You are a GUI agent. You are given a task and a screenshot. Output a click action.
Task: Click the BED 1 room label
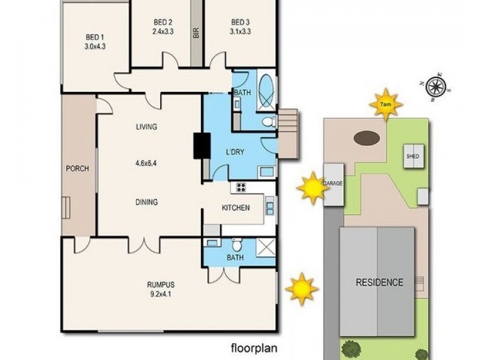click(92, 35)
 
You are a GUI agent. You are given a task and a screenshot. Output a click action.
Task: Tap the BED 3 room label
click(240, 23)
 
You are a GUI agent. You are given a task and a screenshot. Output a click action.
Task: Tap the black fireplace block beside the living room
click(199, 146)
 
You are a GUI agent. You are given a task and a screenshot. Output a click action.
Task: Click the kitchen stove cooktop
click(241, 187)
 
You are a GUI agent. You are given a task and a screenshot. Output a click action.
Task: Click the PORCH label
click(77, 169)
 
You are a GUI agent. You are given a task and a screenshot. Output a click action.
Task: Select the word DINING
click(146, 202)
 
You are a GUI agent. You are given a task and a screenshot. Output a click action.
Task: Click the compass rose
click(437, 88)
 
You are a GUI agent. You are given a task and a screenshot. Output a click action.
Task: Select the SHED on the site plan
click(413, 157)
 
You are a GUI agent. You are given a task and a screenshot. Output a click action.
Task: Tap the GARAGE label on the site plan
click(333, 183)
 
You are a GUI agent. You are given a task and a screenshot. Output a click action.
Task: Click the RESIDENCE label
click(379, 282)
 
